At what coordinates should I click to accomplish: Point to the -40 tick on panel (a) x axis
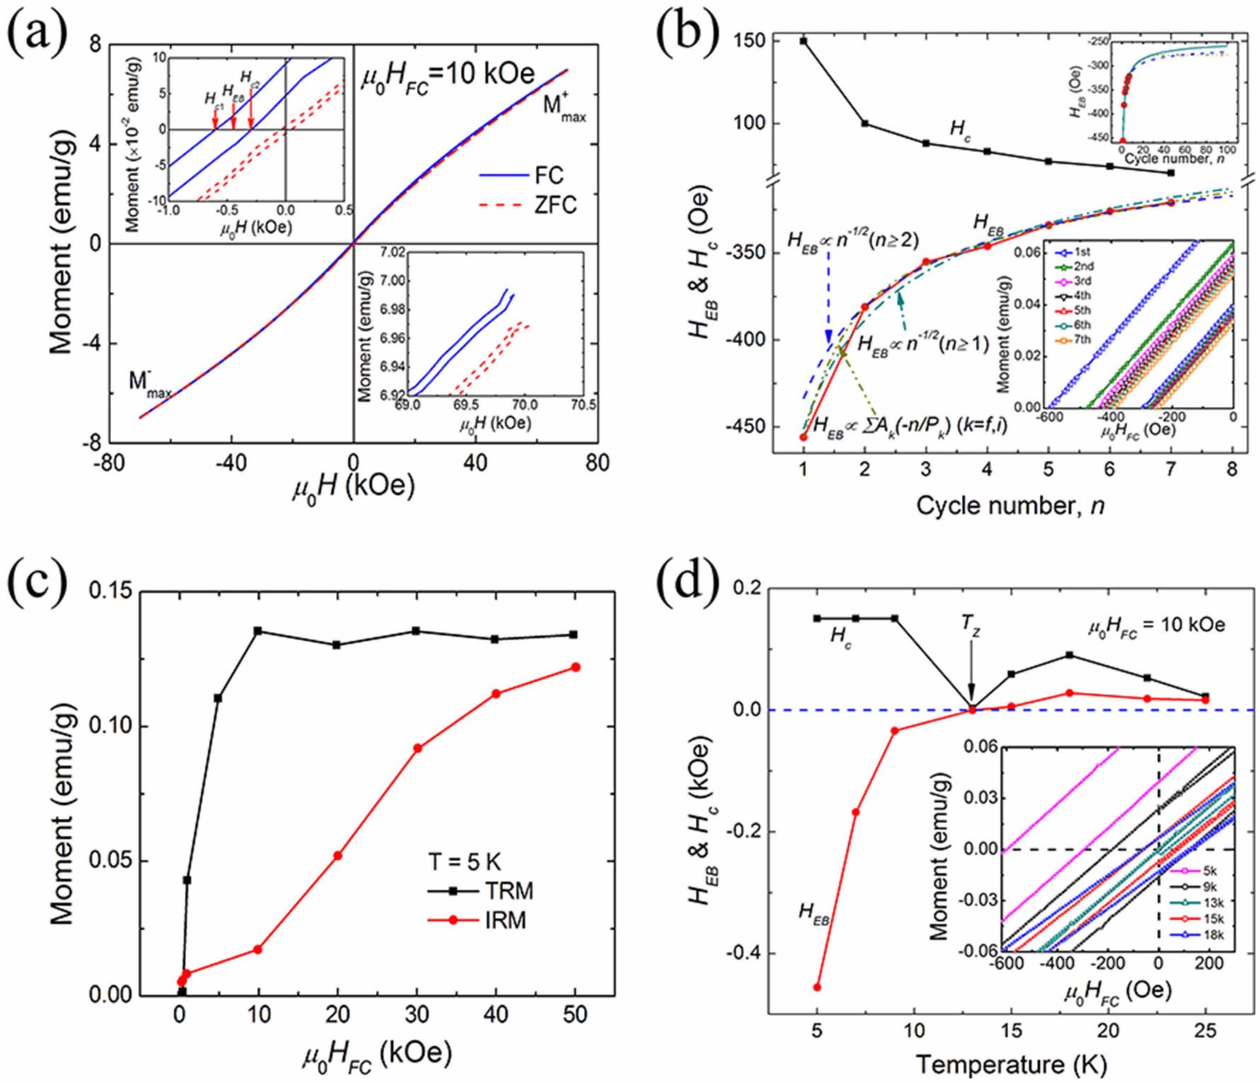click(x=231, y=464)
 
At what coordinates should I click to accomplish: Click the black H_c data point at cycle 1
click(x=803, y=41)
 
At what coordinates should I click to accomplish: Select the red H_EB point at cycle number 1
click(x=803, y=437)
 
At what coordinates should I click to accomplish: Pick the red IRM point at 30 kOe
click(x=418, y=748)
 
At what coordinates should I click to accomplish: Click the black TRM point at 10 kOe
click(x=258, y=631)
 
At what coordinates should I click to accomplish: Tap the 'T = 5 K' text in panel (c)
click(x=464, y=861)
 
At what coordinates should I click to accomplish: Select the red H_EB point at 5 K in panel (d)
click(x=818, y=987)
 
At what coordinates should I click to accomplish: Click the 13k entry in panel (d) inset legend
click(x=1213, y=903)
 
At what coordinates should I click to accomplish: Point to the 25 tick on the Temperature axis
click(x=1205, y=1030)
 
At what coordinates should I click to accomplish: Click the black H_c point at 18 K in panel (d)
click(x=1070, y=655)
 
